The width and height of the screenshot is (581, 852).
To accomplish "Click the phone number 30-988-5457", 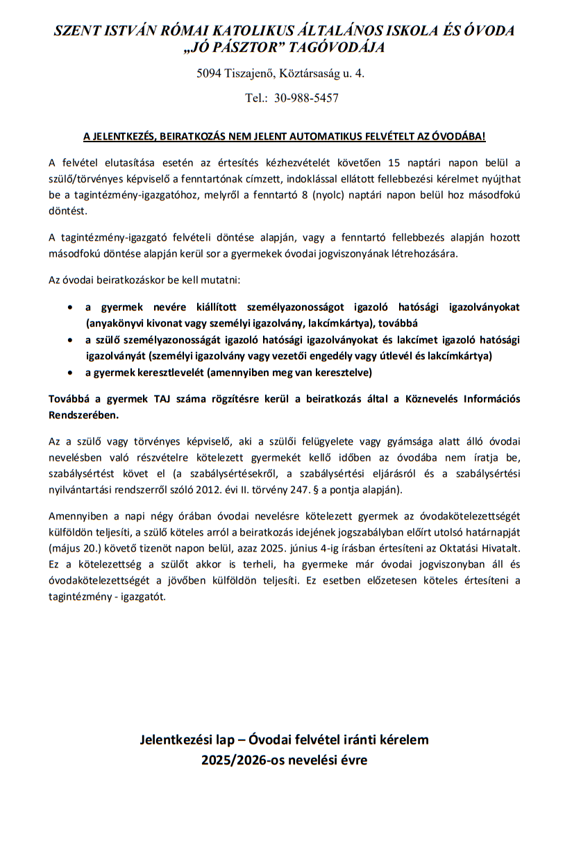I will (x=306, y=98).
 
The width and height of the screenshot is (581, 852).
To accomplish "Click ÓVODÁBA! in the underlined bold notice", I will (x=457, y=137).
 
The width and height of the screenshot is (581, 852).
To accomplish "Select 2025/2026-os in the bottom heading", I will (x=239, y=760).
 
